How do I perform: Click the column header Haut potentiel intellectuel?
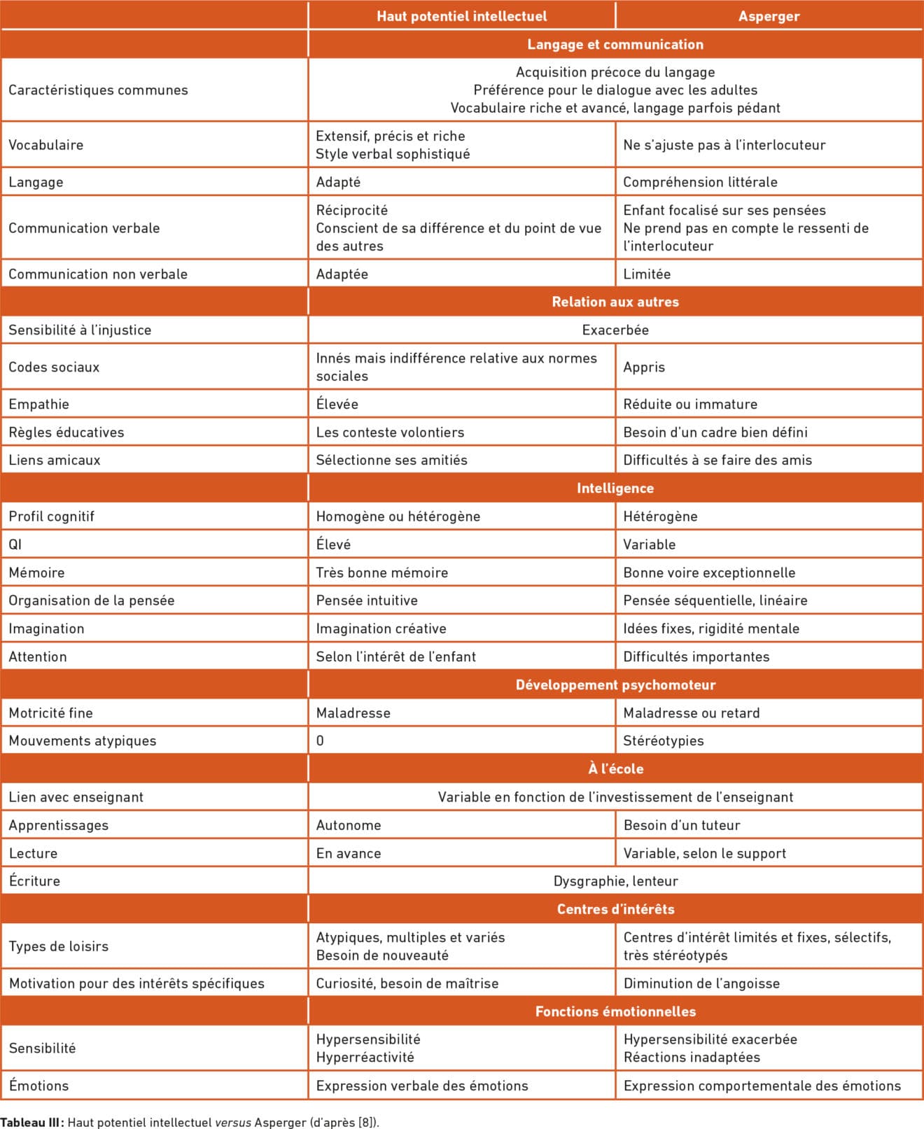(x=461, y=16)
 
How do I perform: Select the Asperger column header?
(x=769, y=16)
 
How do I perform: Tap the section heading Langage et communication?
(x=615, y=44)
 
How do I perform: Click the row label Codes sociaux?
(x=54, y=367)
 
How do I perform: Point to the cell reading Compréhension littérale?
(x=700, y=182)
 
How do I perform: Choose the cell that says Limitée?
(x=647, y=274)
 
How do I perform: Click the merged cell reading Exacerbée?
(x=615, y=330)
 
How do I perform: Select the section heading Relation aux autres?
(x=615, y=302)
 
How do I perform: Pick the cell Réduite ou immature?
(x=690, y=404)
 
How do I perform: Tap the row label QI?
(x=15, y=544)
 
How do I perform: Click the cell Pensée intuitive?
(x=367, y=600)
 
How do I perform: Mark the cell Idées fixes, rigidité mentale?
(x=711, y=629)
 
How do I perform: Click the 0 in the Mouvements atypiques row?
(x=320, y=741)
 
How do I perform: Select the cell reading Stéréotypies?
(x=664, y=741)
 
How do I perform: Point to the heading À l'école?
(x=615, y=769)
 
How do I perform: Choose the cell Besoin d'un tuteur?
(x=682, y=825)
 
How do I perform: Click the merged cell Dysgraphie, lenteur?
(x=615, y=881)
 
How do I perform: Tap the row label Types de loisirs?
(x=59, y=946)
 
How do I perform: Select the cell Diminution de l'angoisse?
(x=701, y=983)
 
